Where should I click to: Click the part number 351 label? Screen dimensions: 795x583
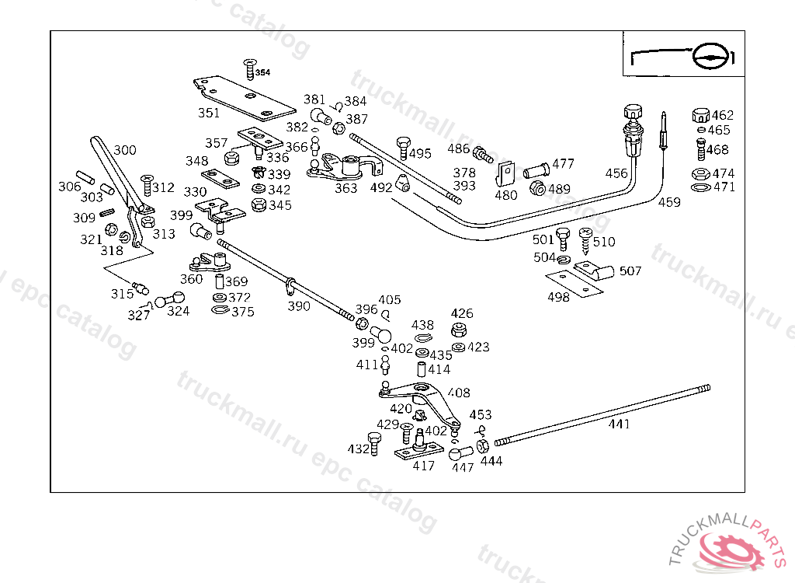(209, 113)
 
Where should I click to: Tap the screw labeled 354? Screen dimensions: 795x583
(249, 70)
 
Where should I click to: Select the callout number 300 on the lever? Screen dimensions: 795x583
(125, 150)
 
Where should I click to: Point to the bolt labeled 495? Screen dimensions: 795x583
(404, 148)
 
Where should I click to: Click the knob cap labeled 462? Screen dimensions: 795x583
(700, 115)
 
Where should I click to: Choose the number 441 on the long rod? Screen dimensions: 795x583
(619, 424)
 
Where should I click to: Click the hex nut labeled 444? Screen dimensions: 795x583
(483, 446)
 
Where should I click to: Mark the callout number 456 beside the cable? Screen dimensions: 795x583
(616, 173)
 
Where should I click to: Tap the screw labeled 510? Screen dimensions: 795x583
(585, 241)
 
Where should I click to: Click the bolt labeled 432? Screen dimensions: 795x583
(373, 443)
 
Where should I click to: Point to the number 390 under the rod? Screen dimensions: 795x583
(299, 305)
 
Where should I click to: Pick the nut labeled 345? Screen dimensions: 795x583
(259, 205)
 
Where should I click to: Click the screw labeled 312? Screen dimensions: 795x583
(147, 185)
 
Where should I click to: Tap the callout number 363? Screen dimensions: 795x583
(345, 188)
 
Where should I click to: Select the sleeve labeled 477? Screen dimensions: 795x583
(536, 170)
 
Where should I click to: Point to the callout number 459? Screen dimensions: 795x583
(669, 202)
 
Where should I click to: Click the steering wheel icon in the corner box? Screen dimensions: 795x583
(711, 55)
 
